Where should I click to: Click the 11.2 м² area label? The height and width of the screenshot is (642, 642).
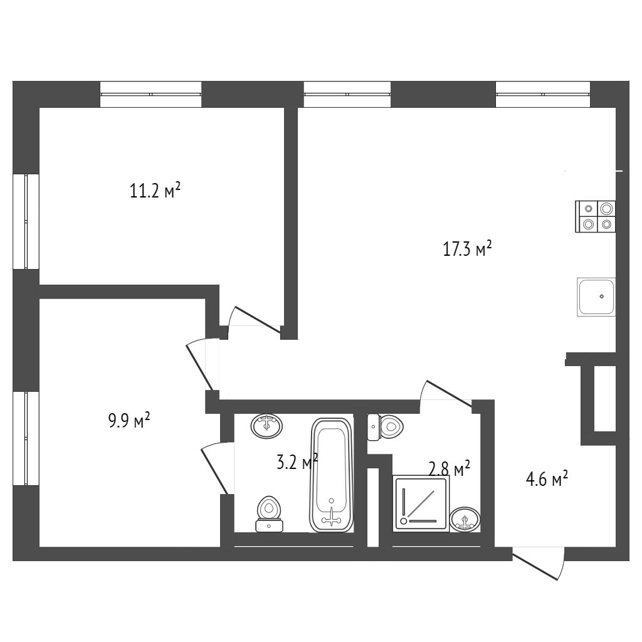coord(155,191)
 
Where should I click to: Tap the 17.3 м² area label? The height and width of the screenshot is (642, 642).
coord(467,248)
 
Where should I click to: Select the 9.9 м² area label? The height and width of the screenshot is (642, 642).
coord(129,420)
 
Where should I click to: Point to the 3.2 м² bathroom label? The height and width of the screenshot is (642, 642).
coord(297,462)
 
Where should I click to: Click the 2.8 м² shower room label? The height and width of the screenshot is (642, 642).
coord(449,468)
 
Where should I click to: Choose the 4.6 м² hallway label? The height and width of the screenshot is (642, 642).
coord(547,478)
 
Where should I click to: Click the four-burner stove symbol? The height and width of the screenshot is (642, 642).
coord(596,216)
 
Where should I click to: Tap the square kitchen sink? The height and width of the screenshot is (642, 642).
coord(596,297)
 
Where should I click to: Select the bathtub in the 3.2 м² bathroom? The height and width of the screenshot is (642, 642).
coord(332,475)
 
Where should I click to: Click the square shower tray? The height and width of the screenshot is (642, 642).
coord(421,503)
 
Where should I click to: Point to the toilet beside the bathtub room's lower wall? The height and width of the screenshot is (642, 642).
coord(269,514)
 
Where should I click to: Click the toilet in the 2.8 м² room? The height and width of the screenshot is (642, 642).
coord(386,427)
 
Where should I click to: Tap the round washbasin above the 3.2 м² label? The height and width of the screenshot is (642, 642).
coord(266,426)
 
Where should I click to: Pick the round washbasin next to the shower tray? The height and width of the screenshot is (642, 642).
coord(465,519)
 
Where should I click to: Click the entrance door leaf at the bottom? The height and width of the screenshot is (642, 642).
coord(535,567)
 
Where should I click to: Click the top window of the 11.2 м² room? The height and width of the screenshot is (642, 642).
coord(150,94)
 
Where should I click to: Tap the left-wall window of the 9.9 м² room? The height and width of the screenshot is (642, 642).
coord(26,438)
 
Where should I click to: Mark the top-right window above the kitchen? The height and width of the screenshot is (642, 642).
coord(543,94)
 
